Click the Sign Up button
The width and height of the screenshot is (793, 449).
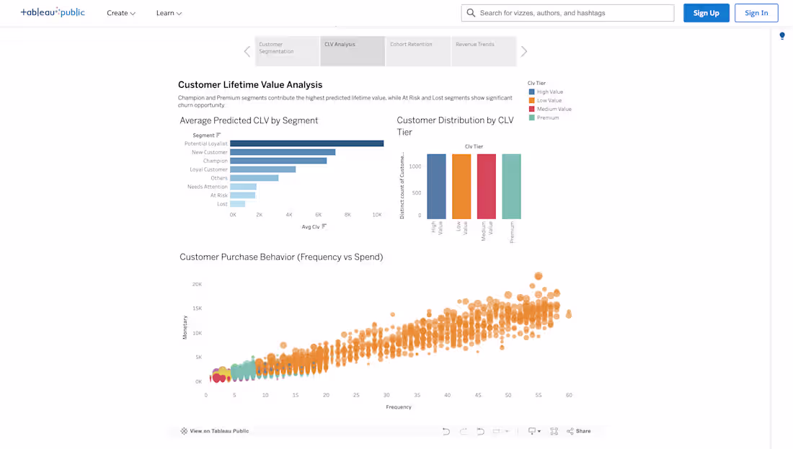(x=706, y=13)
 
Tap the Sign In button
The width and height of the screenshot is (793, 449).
(x=756, y=13)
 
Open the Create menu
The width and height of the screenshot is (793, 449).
(x=120, y=13)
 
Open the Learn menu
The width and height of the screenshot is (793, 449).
(x=169, y=13)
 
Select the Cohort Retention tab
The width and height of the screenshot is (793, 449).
(x=418, y=50)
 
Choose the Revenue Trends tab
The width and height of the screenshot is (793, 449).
(x=483, y=50)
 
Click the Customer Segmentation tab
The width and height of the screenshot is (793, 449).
(x=287, y=50)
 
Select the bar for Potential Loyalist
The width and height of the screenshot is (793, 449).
(x=306, y=143)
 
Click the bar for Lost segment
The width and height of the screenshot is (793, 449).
(x=237, y=204)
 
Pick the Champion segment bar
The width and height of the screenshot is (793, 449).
(x=278, y=161)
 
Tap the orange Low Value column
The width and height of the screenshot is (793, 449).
(x=461, y=187)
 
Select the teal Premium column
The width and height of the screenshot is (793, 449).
(x=511, y=187)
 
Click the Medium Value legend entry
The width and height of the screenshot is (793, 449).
(x=554, y=110)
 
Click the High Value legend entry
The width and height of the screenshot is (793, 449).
(x=549, y=92)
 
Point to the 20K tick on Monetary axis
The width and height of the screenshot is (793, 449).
(x=197, y=285)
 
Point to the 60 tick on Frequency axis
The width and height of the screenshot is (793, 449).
(x=569, y=396)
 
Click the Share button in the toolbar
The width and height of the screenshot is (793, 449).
(x=579, y=431)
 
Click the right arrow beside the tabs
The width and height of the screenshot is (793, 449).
(x=524, y=51)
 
